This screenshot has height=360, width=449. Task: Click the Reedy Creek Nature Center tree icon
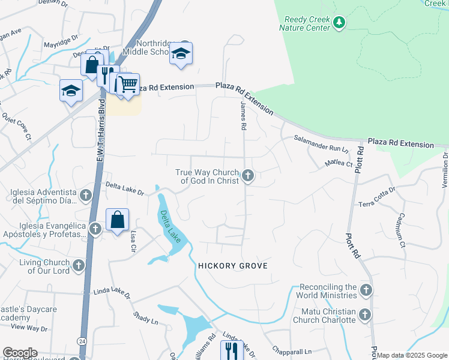[340, 23]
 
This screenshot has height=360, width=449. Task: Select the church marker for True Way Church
[247, 176]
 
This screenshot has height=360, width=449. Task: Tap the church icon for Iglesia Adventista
[86, 195]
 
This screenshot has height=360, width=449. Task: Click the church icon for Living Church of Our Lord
[79, 266]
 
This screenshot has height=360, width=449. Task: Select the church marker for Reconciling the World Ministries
[366, 291]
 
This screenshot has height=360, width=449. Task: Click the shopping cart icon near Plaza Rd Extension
[128, 84]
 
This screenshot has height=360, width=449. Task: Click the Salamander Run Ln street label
[321, 143]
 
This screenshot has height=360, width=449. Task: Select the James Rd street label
[243, 116]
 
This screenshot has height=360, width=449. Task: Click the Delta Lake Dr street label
[124, 188]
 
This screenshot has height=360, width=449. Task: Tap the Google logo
[19, 353]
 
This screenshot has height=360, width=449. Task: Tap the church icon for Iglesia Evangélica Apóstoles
[95, 229]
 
